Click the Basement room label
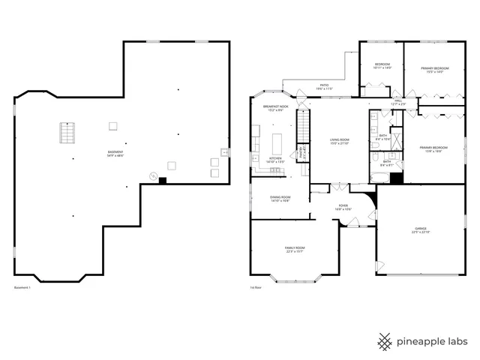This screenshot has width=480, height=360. pos(115,154)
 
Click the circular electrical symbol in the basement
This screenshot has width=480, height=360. pos(153,177)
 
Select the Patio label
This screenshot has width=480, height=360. pos(324,87)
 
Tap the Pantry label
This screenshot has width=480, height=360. pos(301,153)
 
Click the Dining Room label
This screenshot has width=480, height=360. pos(280,199)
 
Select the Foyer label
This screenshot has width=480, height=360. pos(343,207)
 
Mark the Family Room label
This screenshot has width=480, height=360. pos(295,249)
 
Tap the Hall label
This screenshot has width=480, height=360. pos(397,103)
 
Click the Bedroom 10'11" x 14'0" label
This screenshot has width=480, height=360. pos(382,66)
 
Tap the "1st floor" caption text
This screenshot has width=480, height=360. pos(256,287)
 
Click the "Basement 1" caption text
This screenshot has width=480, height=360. pos(22,287)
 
